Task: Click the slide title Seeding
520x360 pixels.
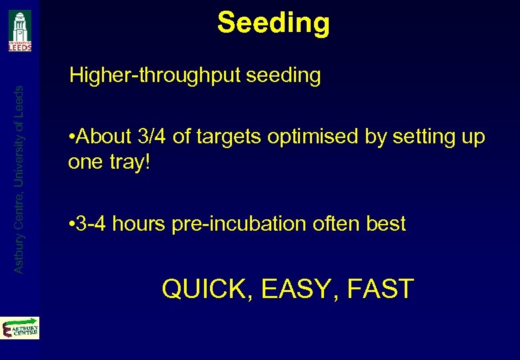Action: pos(273,23)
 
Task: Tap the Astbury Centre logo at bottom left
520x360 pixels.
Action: pos(20,329)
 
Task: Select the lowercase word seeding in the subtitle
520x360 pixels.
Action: pos(283,75)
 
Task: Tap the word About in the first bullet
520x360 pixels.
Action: pos(104,137)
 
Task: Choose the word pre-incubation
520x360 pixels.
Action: pos(237,224)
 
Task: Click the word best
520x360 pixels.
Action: pos(386,224)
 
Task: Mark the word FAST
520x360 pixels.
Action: pos(383,289)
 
